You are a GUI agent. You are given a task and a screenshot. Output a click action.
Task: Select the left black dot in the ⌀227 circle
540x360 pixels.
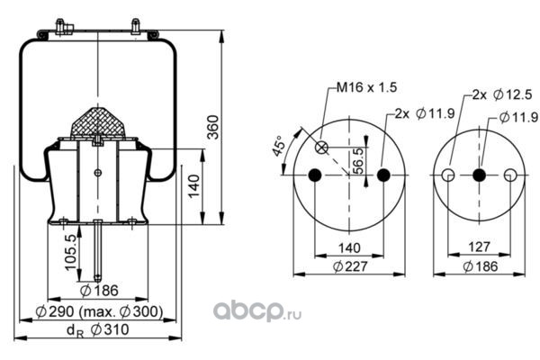314,175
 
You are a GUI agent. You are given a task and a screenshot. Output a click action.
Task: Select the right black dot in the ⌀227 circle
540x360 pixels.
382,175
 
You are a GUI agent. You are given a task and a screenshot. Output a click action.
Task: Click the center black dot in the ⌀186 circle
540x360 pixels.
479,175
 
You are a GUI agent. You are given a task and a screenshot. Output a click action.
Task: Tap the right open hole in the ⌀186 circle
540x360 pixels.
510,175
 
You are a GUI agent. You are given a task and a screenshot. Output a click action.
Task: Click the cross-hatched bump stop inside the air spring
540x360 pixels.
97,121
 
